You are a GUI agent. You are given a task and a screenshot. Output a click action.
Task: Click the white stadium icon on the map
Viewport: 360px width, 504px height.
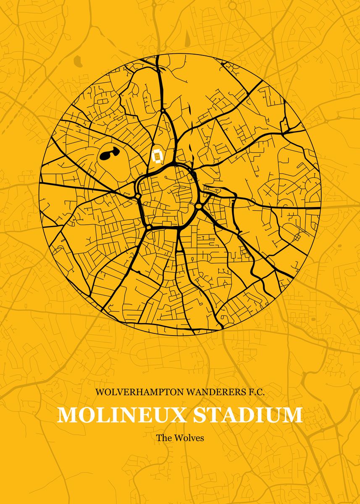pos(158,156)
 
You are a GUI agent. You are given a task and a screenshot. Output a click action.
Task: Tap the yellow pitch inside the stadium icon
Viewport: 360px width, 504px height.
pos(158,156)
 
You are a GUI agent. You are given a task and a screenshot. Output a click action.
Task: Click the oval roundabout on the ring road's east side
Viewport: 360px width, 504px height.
pos(199,206)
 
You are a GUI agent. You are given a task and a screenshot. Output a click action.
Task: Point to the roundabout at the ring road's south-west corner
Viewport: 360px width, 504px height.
pos(148,227)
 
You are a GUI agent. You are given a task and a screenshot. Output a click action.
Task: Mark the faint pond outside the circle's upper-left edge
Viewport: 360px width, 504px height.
pos(78,61)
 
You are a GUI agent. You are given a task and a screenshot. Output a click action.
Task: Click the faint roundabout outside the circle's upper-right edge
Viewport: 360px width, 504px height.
pos(328,121)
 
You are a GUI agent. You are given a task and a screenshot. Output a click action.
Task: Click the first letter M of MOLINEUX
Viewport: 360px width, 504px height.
pos(67,415)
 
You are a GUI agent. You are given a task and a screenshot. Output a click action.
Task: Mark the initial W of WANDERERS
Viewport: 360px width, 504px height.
pos(190,392)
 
